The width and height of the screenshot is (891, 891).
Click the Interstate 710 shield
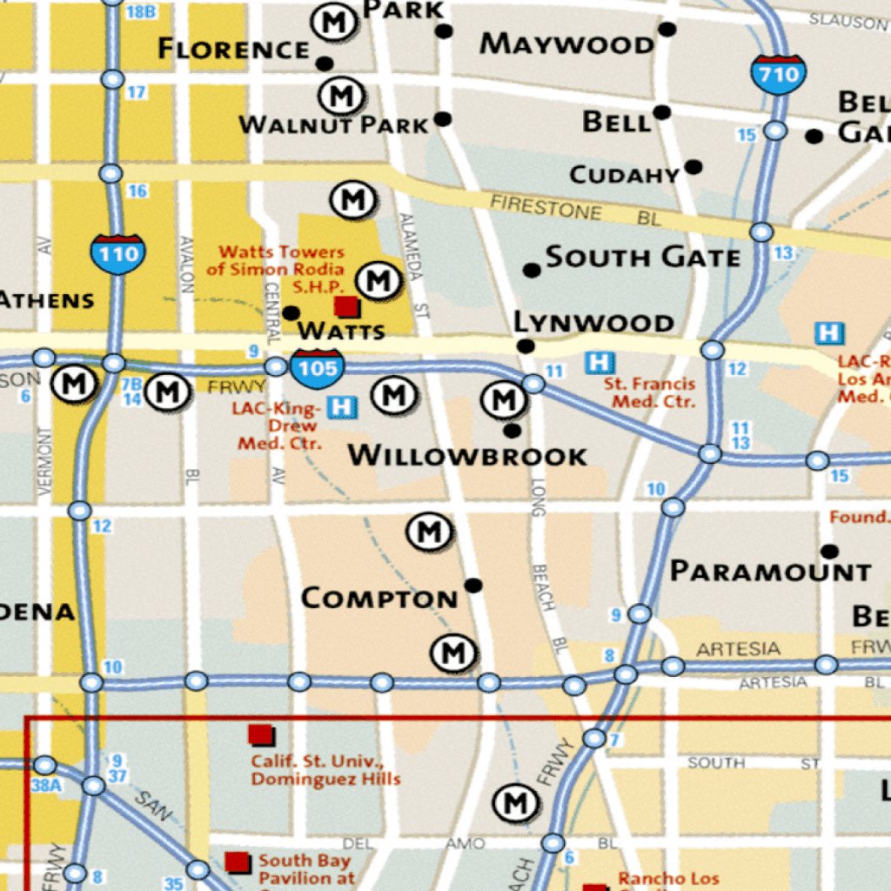pyautogui.click(x=778, y=74)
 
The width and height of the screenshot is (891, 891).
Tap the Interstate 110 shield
pyautogui.click(x=117, y=253)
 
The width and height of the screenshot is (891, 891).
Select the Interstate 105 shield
pyautogui.click(x=317, y=368)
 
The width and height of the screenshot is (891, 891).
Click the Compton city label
pyautogui.click(x=379, y=599)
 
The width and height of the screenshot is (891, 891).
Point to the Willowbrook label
pyautogui.click(x=467, y=455)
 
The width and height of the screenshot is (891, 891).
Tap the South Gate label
pyautogui.click(x=643, y=257)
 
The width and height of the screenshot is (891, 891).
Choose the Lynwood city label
pyautogui.click(x=593, y=323)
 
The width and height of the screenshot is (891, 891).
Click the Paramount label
pyautogui.click(x=770, y=572)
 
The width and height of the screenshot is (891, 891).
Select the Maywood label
pyautogui.click(x=566, y=44)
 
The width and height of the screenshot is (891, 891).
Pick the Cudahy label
pyautogui.click(x=624, y=175)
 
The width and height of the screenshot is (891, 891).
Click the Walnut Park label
pyautogui.click(x=334, y=125)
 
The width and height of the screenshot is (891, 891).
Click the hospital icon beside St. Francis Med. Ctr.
pyautogui.click(x=599, y=362)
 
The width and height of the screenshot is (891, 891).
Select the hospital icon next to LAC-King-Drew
pyautogui.click(x=344, y=406)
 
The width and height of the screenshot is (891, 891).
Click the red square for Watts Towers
pyautogui.click(x=346, y=306)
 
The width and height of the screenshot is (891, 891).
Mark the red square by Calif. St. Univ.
pyautogui.click(x=260, y=734)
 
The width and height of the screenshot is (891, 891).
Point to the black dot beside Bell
pyautogui.click(x=662, y=112)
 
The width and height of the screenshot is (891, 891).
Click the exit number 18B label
pyautogui.click(x=140, y=11)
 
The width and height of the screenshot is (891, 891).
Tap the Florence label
pyautogui.click(x=233, y=49)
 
